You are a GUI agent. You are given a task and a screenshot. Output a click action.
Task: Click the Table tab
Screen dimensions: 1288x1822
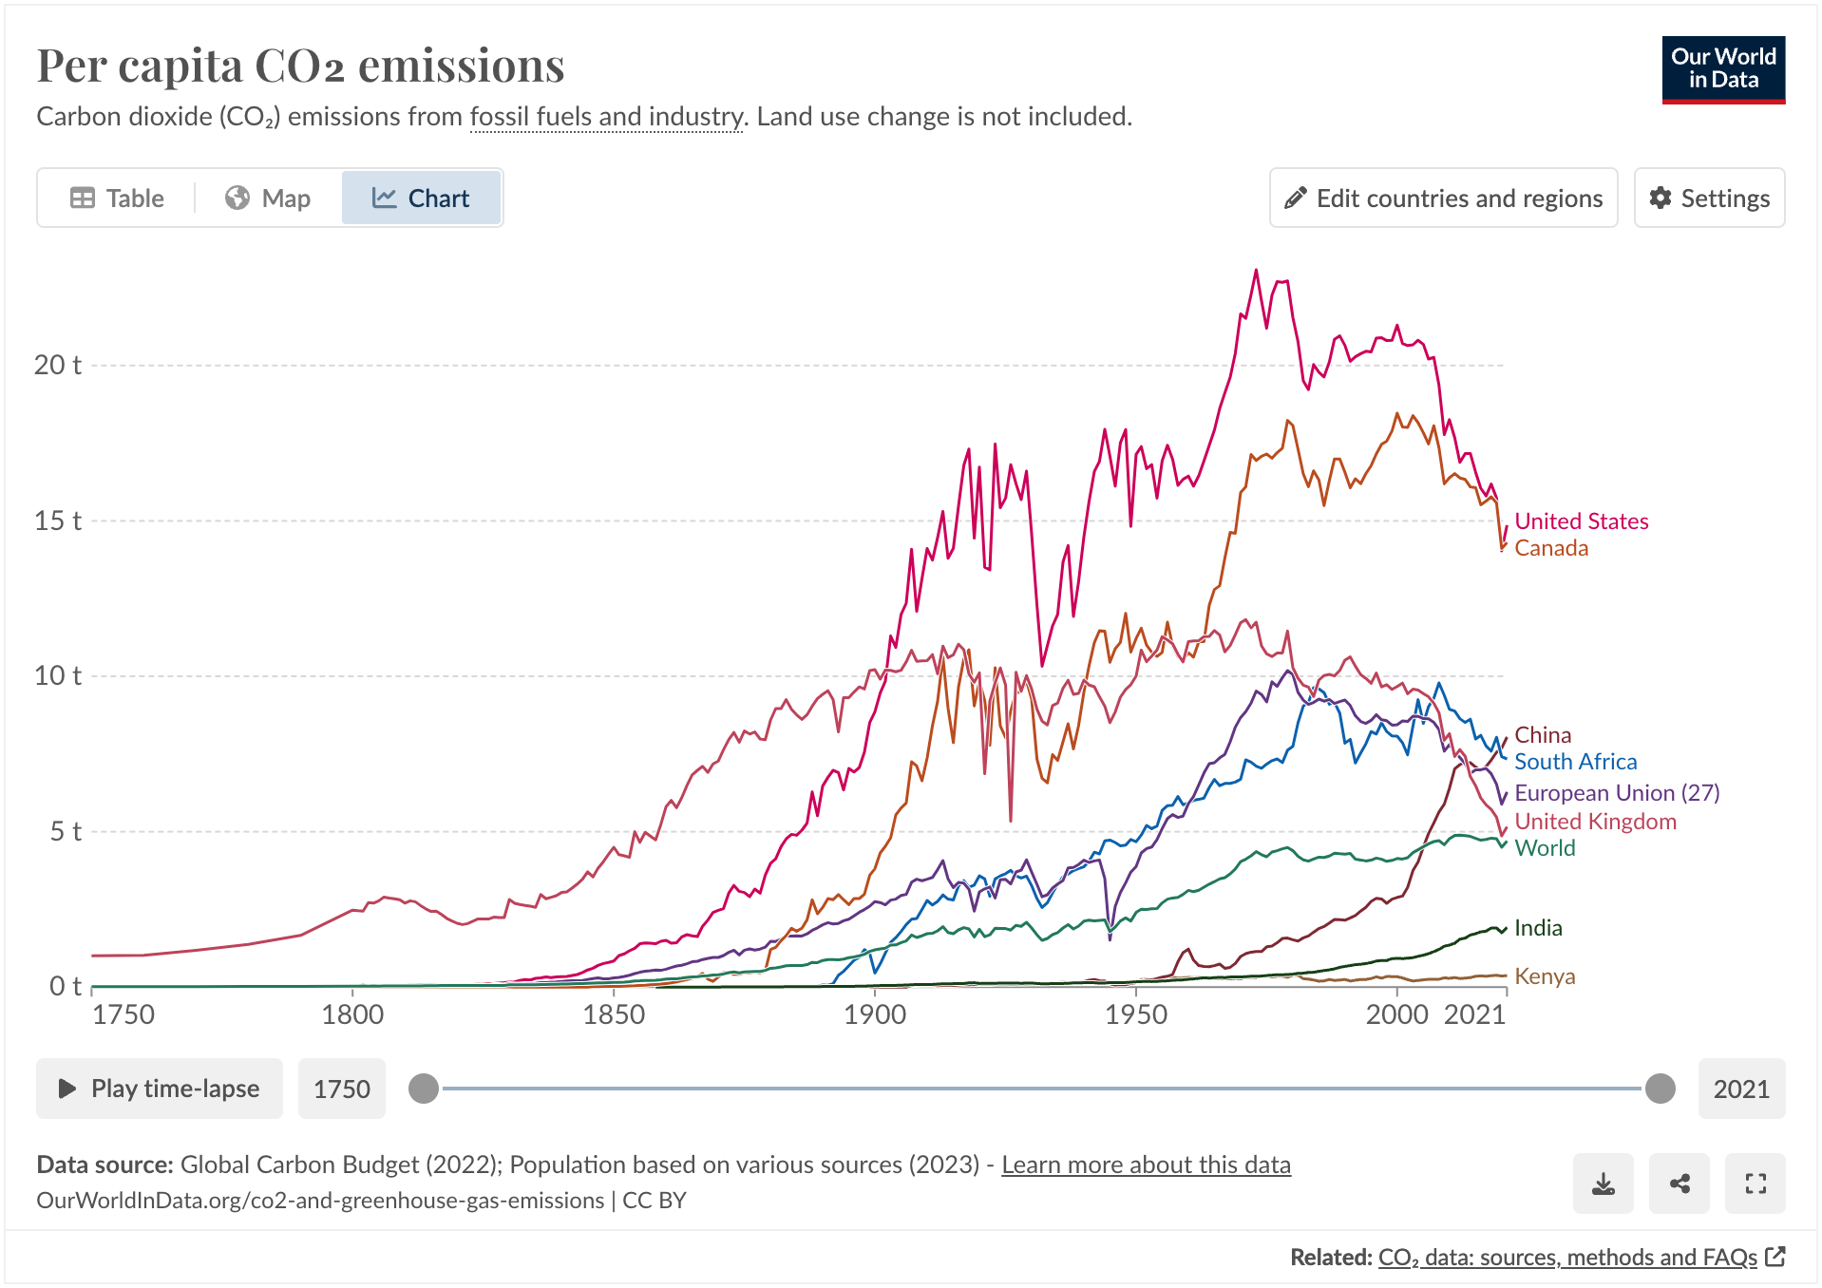coord(117,198)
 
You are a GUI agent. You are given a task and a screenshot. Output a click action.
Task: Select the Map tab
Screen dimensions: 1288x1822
coord(268,198)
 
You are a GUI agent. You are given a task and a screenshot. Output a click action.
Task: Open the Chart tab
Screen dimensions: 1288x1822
coord(421,198)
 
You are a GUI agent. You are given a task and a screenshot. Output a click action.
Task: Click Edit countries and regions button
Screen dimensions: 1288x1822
coord(1443,198)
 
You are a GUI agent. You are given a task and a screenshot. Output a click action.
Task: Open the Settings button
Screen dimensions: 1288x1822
coord(1709,198)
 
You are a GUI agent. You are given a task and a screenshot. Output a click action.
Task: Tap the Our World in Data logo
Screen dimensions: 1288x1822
coord(1722,69)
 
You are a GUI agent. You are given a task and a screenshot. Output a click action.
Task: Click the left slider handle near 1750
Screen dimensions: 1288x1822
coord(424,1089)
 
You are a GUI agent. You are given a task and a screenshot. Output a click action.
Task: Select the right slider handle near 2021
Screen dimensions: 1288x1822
coord(1660,1089)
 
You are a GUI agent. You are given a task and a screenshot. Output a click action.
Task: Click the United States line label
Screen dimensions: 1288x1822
coord(1581,521)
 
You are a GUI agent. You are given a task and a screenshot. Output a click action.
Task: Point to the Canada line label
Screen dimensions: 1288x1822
coord(1550,548)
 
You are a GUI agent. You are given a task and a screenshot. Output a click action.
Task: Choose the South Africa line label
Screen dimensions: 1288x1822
coord(1575,762)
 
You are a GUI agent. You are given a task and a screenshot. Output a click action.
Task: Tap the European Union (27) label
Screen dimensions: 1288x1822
coord(1616,792)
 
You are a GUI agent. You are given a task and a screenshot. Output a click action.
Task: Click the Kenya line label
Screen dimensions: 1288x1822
coord(1544,976)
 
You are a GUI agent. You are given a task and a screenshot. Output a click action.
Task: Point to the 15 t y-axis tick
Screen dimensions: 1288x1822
coord(58,521)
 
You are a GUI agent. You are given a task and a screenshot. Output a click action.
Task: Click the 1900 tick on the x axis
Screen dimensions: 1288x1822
coord(874,1014)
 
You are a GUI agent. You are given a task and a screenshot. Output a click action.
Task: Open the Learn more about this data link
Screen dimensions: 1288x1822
coord(1146,1165)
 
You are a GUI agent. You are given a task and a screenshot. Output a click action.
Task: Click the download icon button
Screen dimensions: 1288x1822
coord(1603,1184)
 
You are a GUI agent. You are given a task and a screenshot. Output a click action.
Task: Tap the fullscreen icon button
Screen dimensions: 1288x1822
coord(1756,1184)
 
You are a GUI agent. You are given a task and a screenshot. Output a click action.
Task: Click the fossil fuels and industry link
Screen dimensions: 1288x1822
coord(607,117)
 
